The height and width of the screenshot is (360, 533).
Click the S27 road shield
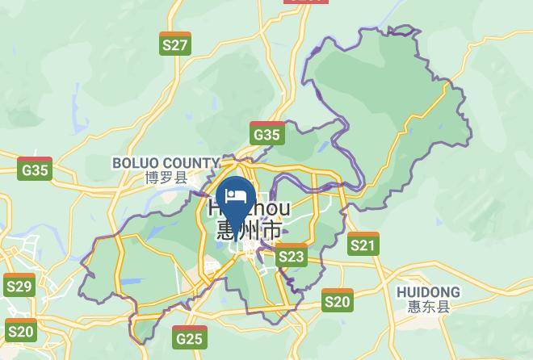174,44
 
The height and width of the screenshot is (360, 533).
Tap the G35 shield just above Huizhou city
266,134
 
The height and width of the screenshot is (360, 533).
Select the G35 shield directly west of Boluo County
35,169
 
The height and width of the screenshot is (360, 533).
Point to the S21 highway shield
363,244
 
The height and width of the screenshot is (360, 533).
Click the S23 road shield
292,257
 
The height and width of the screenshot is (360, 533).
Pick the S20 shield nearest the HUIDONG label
338,301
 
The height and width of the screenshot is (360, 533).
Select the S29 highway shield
19,286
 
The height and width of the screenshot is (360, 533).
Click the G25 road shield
189,337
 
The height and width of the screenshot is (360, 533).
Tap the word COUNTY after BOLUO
193,163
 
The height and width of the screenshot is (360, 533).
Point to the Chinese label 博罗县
166,178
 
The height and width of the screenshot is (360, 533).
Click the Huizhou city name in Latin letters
250,208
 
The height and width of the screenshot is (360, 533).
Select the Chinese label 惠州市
250,230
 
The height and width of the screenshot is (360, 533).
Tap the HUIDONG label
428,291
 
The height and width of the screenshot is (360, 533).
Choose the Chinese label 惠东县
428,307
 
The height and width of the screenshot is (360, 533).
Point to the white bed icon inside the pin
237,195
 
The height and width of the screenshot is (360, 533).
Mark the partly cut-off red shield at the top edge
306,2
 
